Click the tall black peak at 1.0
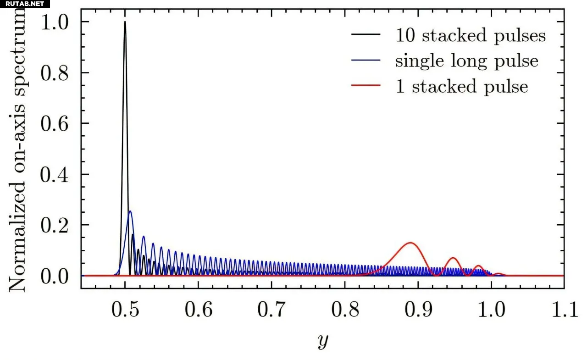point(125,23)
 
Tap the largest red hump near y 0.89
point(410,244)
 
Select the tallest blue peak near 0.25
point(130,212)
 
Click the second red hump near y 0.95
point(453,259)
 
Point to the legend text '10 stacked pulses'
point(471,35)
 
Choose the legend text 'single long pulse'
point(466,61)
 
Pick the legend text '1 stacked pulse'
point(461,87)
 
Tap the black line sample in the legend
point(365,35)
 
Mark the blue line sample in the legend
point(365,61)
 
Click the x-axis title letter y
point(323,342)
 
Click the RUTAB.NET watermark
point(24,4)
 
